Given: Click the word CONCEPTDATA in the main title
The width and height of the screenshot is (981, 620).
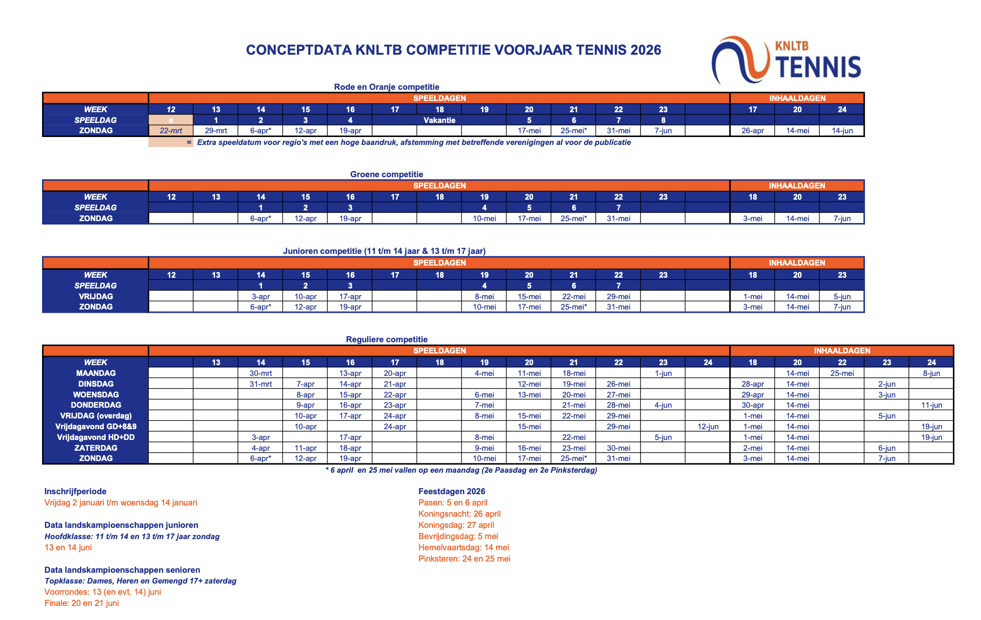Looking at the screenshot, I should (299, 50).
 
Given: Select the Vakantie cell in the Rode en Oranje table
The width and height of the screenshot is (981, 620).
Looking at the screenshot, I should (439, 120).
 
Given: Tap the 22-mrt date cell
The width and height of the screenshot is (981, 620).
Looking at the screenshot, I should (171, 131).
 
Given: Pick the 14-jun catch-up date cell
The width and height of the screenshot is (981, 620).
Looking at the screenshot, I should (842, 131).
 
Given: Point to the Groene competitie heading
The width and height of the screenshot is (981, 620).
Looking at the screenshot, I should (386, 174).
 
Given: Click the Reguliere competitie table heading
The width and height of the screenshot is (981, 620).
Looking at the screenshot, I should (386, 339).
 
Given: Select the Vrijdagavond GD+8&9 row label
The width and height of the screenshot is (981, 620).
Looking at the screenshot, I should (96, 426).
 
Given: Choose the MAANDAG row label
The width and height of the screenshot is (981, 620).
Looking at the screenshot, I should (96, 373).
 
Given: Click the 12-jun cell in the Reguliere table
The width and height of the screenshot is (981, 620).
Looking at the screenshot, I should (707, 426).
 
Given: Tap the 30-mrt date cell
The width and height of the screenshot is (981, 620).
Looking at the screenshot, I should (260, 373).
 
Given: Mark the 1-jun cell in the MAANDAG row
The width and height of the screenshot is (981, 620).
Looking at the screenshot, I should (663, 373).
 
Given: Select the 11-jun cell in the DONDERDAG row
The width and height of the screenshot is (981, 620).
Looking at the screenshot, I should (931, 405).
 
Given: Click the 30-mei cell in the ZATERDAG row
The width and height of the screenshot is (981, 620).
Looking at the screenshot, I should (618, 448).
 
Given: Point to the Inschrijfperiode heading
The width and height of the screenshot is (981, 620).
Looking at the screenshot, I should (75, 491).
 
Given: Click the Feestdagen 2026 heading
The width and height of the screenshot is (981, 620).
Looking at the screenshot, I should (452, 491).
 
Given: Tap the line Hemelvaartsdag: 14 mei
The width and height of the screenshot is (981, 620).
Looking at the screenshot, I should (463, 548).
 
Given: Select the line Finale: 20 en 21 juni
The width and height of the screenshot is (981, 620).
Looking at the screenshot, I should (81, 603).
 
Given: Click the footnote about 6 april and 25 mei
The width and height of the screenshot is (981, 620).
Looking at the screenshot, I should (461, 470).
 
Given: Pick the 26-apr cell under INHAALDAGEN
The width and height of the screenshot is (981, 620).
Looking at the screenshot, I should (752, 131).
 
